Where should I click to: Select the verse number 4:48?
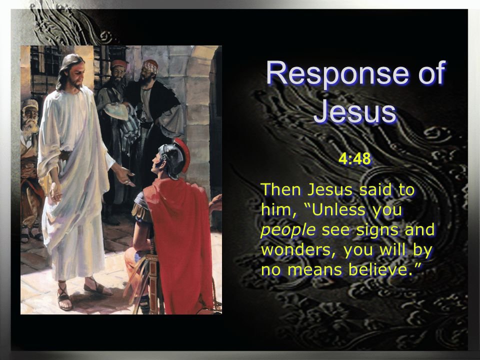(x=355, y=159)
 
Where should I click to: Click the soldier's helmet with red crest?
(x=174, y=158)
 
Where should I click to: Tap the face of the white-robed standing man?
(x=76, y=74)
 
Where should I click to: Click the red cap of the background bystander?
(x=119, y=63)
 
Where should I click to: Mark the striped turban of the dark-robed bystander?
(x=151, y=65)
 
